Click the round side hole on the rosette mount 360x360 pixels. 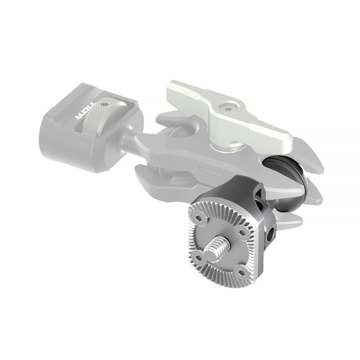(x=271, y=237)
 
